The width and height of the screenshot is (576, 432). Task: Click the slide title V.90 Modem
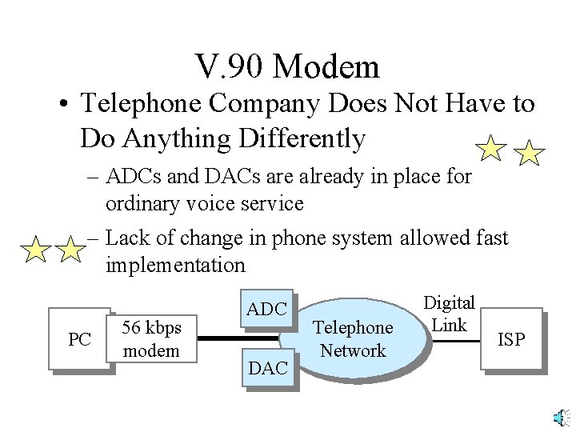click(x=287, y=66)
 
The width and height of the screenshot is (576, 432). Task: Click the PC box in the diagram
click(x=79, y=339)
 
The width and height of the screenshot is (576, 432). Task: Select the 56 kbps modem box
click(x=153, y=339)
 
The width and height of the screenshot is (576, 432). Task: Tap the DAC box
click(x=268, y=368)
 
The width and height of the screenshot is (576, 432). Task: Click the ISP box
click(x=511, y=339)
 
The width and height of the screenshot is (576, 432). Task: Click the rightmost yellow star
click(x=529, y=151)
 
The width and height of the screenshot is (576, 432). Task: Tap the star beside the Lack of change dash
click(x=70, y=250)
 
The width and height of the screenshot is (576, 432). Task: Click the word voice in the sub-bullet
click(x=218, y=203)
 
